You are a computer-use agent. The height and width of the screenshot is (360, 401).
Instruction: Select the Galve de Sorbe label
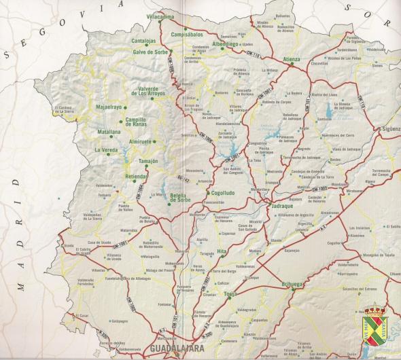point(149,52)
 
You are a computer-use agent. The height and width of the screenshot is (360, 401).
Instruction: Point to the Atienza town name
point(291,59)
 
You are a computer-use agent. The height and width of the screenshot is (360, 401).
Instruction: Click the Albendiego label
point(226,43)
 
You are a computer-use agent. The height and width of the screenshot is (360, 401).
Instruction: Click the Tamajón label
point(147,161)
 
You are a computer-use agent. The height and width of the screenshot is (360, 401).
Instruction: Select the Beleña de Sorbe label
point(180,196)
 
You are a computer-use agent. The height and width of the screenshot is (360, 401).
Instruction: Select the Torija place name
point(230,293)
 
